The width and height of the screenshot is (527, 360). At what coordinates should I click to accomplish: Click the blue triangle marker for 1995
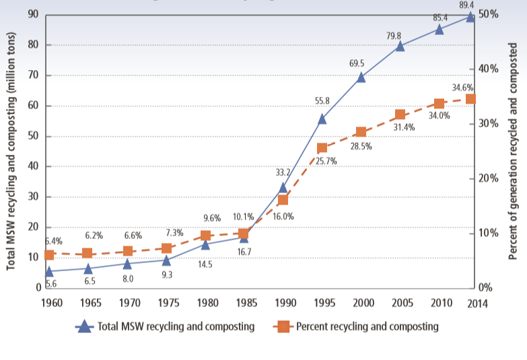click(322, 118)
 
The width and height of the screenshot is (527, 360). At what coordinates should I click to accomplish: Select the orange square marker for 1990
click(283, 200)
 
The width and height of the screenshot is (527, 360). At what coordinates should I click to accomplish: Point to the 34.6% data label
click(463, 87)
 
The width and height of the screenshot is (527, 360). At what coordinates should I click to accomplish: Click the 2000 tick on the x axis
click(361, 302)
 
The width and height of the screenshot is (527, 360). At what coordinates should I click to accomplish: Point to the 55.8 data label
click(322, 101)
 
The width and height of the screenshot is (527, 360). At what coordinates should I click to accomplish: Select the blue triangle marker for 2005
click(400, 46)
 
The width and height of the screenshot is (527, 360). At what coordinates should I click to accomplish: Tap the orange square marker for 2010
click(440, 104)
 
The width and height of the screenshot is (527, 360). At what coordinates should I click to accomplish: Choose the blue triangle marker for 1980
click(205, 244)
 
